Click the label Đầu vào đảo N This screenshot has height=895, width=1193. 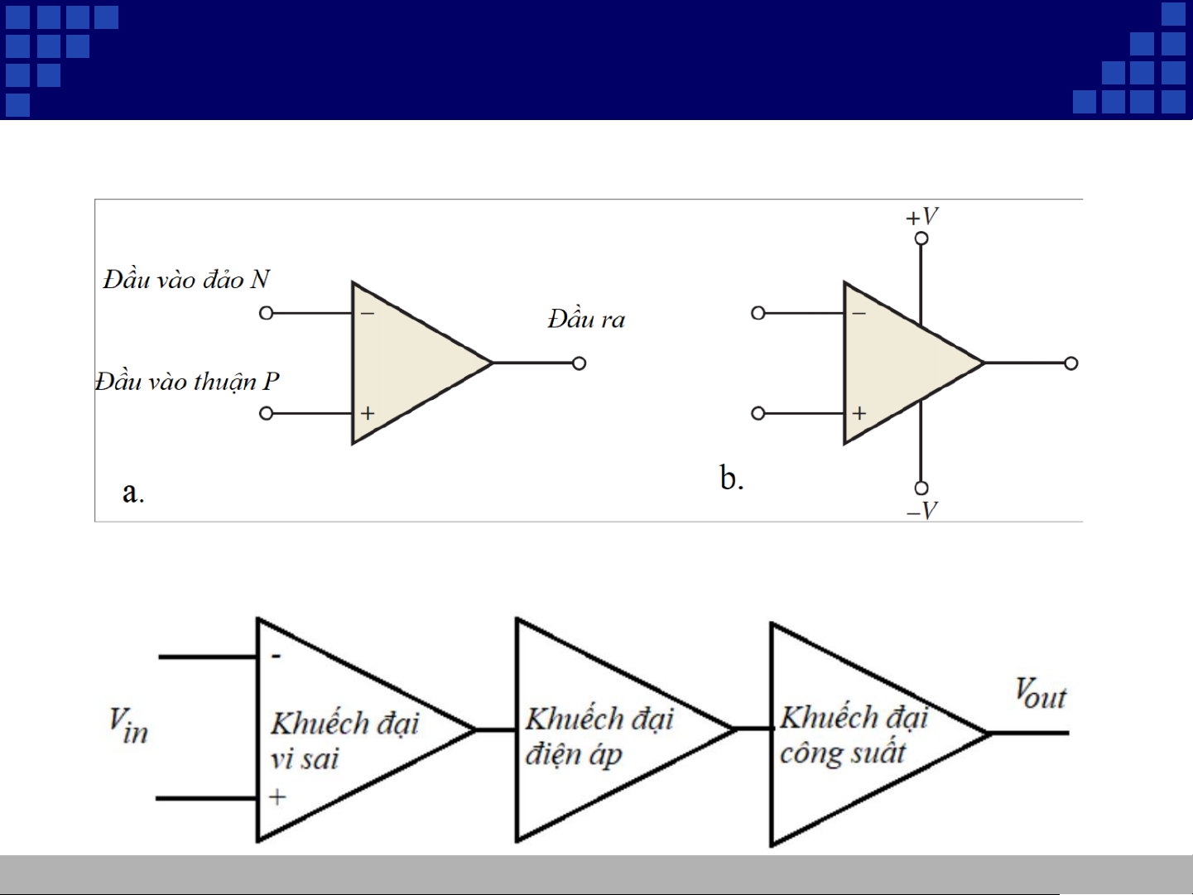pyautogui.click(x=186, y=279)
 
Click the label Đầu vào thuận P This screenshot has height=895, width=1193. pyautogui.click(x=187, y=382)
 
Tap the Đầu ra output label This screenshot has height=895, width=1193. pyautogui.click(x=586, y=319)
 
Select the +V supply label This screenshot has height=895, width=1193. pyautogui.click(x=921, y=216)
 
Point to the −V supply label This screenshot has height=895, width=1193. pyautogui.click(x=921, y=510)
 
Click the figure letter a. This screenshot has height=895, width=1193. pyautogui.click(x=133, y=493)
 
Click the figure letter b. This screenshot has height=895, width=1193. pyautogui.click(x=732, y=478)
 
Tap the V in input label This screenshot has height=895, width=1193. pyautogui.click(x=128, y=725)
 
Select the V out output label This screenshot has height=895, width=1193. pyautogui.click(x=1041, y=693)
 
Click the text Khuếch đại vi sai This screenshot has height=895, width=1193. pyautogui.click(x=344, y=740)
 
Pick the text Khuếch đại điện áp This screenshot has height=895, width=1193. pyautogui.click(x=599, y=736)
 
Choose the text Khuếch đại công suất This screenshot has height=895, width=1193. pyautogui.click(x=854, y=734)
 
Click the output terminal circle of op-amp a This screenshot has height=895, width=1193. pyautogui.click(x=580, y=363)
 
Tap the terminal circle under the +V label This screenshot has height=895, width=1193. pyautogui.click(x=921, y=238)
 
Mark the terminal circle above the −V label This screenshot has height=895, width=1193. pyautogui.click(x=921, y=488)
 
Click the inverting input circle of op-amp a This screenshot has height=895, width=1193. pyautogui.click(x=267, y=313)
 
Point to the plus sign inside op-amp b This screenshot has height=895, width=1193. pyautogui.click(x=859, y=413)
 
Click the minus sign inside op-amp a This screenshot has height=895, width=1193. pyautogui.click(x=368, y=314)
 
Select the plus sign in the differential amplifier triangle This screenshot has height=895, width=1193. pyautogui.click(x=277, y=797)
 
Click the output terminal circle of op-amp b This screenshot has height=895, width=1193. pyautogui.click(x=1071, y=363)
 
